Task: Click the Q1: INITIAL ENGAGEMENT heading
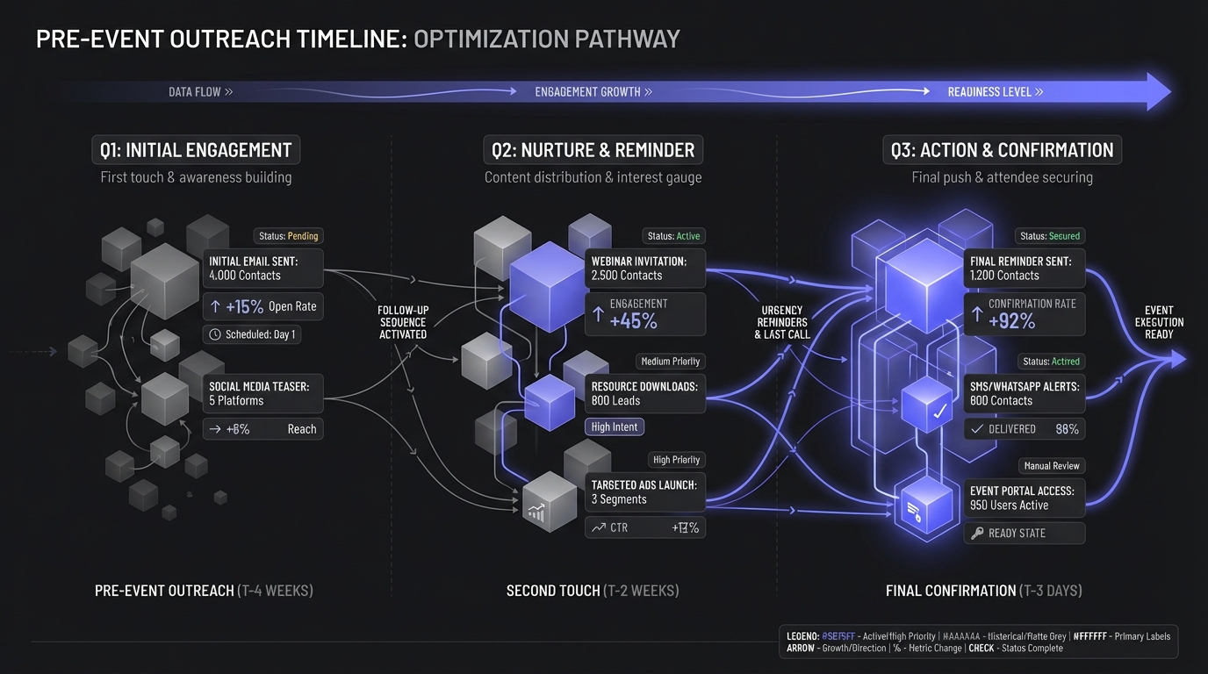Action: pos(196,150)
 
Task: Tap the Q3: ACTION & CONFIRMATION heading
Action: pos(1002,150)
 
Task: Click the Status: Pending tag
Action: pos(288,236)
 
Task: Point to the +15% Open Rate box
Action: pos(262,306)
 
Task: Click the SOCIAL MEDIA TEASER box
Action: pos(262,392)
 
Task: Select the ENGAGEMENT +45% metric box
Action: pos(644,313)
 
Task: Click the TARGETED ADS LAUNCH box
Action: pos(644,491)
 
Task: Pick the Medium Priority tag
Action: pos(670,362)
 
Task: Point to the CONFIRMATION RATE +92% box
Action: pos(1024,313)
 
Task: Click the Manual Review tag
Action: pos(1051,466)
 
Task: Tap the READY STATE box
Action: pos(1024,533)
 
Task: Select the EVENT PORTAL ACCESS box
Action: pos(1024,498)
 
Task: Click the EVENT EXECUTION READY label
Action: pos(1159,322)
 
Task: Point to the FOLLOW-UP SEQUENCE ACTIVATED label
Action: pos(402,322)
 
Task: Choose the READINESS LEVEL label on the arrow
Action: pos(995,92)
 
